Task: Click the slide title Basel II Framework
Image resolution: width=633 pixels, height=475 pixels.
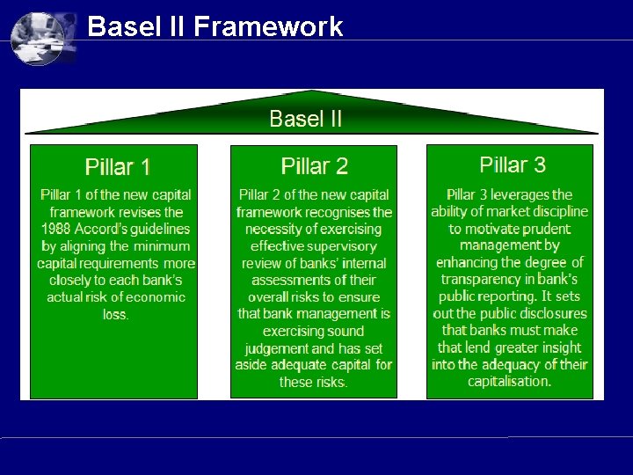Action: pyautogui.click(x=215, y=27)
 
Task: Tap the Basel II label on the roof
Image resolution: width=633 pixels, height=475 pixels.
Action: pyautogui.click(x=305, y=119)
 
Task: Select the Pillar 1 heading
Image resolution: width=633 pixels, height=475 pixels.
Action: pyautogui.click(x=118, y=167)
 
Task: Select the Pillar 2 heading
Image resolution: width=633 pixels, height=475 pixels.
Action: pyautogui.click(x=315, y=166)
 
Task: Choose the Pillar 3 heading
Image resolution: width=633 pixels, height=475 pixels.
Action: pyautogui.click(x=513, y=164)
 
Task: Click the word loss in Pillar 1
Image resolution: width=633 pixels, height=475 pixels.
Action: pyautogui.click(x=115, y=314)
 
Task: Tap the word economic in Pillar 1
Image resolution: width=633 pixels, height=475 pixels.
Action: pyautogui.click(x=154, y=297)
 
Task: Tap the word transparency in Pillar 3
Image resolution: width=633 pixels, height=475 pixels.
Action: pyautogui.click(x=480, y=280)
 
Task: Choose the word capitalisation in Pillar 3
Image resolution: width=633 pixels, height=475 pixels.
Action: pyautogui.click(x=509, y=382)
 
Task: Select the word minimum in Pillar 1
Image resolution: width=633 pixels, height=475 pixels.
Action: pyautogui.click(x=164, y=246)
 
